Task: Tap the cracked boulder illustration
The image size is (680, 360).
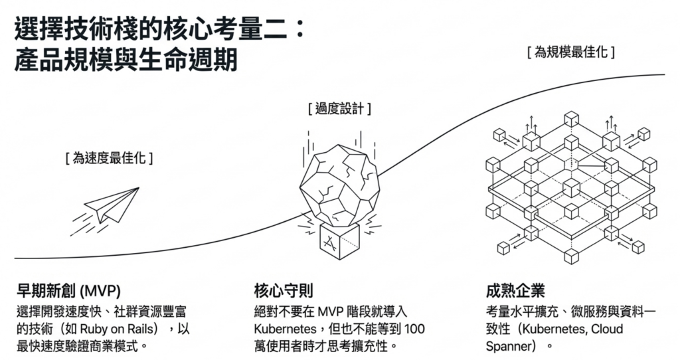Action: [x=339, y=182]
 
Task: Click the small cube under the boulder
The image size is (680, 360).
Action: [x=339, y=240]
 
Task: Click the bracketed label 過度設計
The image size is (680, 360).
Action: [x=339, y=108]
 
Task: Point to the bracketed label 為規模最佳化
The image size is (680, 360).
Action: [x=570, y=52]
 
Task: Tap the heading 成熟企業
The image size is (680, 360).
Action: [x=515, y=290]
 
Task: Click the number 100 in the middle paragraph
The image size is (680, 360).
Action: [x=414, y=329]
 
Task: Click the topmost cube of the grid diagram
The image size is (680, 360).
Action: [x=571, y=119]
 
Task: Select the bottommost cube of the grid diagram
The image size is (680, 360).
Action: [x=571, y=256]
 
